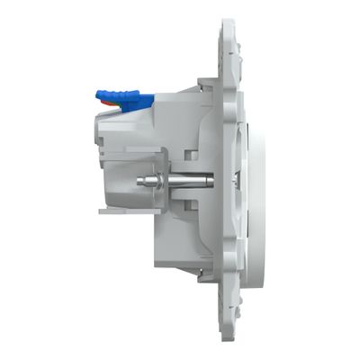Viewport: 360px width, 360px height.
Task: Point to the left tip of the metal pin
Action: pos(137,180)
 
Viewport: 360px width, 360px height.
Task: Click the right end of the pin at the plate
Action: pos(214,180)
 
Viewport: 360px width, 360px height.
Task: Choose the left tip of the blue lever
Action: pos(97,93)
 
